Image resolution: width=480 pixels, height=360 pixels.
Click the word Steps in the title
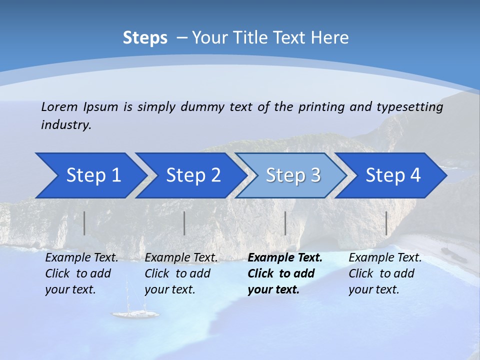[145, 38]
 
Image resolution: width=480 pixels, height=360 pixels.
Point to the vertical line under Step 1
[84, 223]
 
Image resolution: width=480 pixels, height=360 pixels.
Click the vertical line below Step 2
[184, 223]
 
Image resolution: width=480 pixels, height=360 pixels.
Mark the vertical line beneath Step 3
[285, 223]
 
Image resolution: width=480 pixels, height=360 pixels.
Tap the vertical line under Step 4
[386, 223]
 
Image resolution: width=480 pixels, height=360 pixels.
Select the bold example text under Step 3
[284, 273]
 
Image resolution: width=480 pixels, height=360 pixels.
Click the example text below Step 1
[81, 273]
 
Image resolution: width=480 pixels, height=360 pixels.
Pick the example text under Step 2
[181, 273]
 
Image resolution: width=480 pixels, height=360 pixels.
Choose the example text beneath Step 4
[385, 273]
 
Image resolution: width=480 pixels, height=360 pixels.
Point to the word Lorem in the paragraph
[59, 107]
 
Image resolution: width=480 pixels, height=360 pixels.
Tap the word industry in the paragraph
[65, 125]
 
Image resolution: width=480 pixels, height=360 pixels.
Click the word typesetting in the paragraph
[409, 107]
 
